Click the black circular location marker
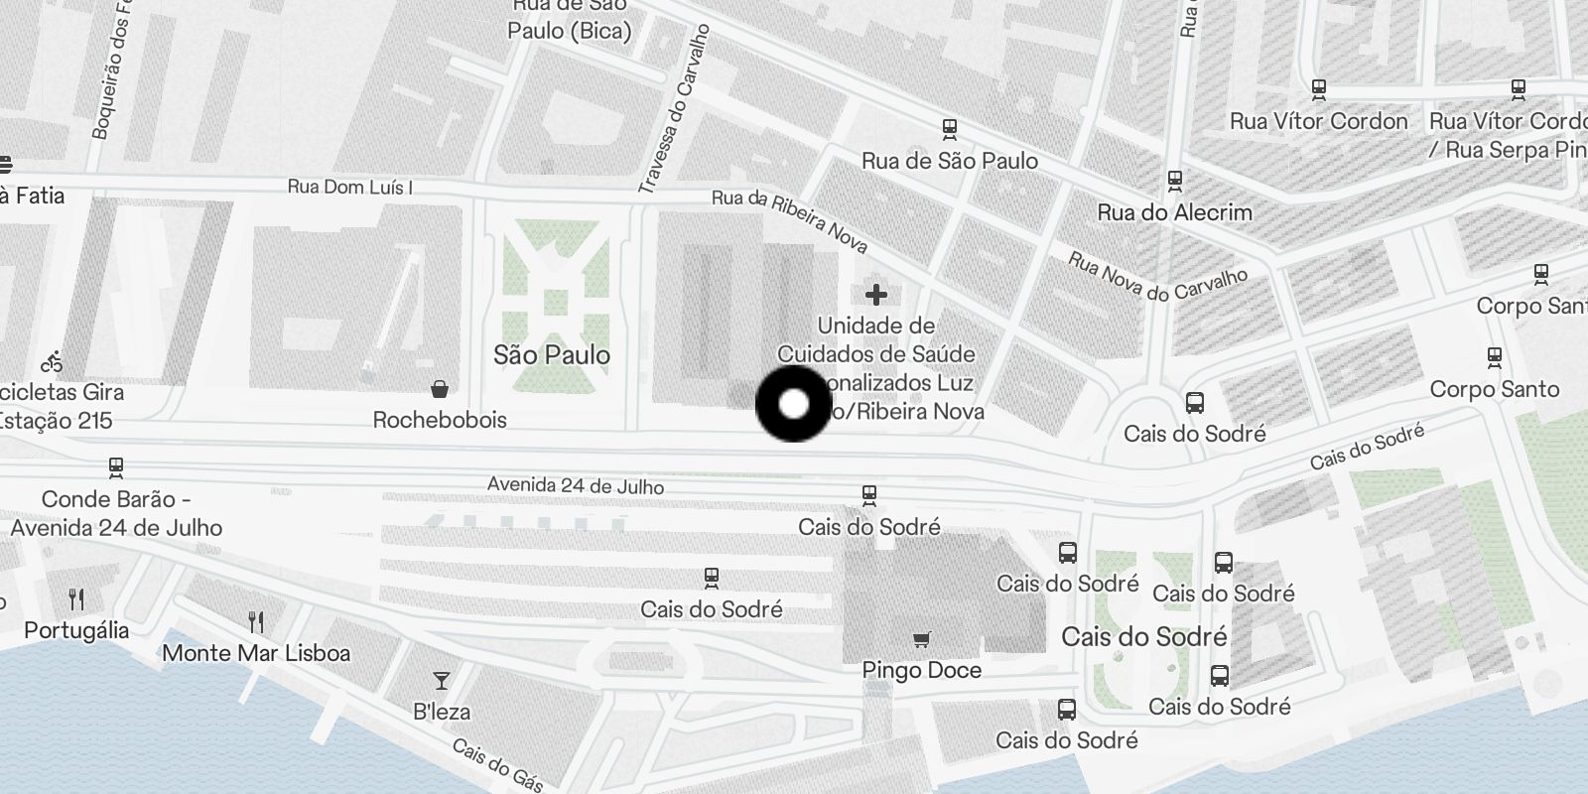coord(793,404)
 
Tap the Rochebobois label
coord(440,420)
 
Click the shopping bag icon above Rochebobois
coord(440,388)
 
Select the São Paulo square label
coord(552,355)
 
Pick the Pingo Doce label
coord(922,670)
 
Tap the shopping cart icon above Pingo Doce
coord(922,639)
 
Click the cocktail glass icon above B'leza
coord(442,681)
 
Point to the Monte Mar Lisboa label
coord(256,653)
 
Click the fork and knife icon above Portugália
coord(76,598)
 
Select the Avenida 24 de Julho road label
coord(576,486)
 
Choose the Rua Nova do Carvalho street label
coord(1157,277)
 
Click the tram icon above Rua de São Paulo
coord(950,129)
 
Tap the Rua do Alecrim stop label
coord(1175,212)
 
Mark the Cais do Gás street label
coord(497,765)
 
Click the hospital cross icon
coord(875,295)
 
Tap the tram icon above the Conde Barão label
coord(116,466)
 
